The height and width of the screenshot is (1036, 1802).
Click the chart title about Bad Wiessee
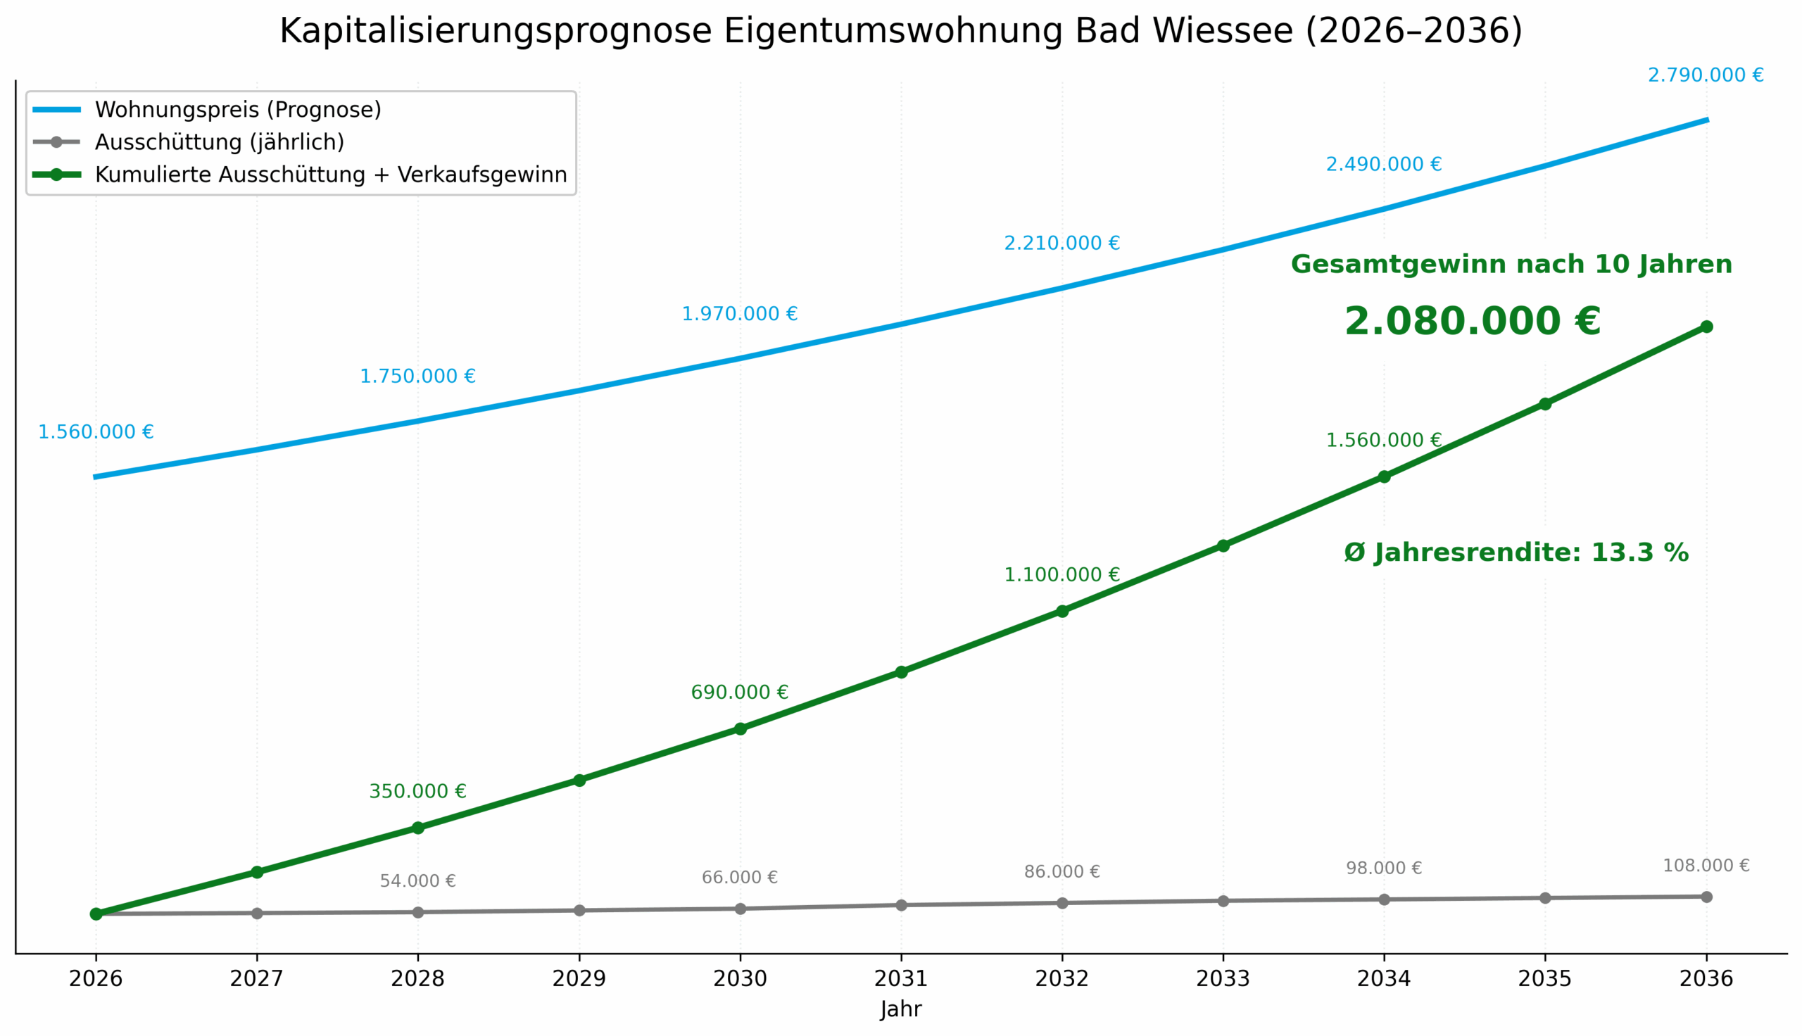900,31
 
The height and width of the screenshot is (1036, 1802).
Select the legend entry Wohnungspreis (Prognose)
238,110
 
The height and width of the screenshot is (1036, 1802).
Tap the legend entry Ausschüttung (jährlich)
219,142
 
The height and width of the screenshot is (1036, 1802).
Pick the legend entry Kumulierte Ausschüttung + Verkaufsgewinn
331,175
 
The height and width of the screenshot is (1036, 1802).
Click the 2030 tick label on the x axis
740,979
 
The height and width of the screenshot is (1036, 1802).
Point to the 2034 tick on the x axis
1384,979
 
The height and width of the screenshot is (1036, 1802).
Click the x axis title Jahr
900,1010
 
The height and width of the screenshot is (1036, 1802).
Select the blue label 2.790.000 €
1706,75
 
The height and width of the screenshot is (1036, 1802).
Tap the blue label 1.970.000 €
740,314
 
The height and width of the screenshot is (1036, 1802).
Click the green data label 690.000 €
740,693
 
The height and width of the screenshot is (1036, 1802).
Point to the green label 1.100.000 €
1061,575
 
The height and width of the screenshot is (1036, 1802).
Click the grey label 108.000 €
1706,866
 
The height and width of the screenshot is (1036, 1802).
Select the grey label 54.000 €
417,881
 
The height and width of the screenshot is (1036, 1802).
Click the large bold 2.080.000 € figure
1472,322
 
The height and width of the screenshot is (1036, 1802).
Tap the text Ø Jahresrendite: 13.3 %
1516,553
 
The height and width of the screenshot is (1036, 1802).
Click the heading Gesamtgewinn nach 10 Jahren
1511,265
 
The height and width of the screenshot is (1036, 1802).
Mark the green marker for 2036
1706,327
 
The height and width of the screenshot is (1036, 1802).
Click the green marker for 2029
579,781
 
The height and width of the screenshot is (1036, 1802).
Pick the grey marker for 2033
1223,901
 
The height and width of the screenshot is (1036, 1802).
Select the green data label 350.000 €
417,791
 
